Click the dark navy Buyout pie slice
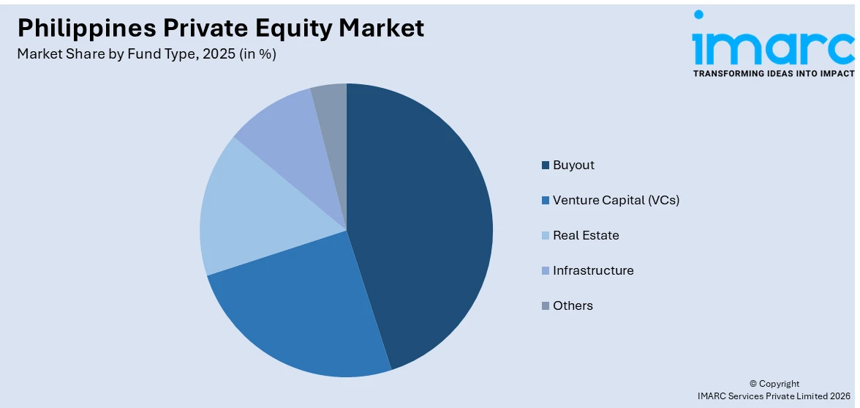coord(424,220)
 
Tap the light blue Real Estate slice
coord(249,212)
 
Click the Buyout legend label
coord(573,165)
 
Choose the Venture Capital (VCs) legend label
coord(616,200)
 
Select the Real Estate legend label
coord(586,235)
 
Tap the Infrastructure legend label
coord(593,270)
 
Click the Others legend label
coord(573,305)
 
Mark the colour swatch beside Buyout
coord(546,166)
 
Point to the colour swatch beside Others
coord(546,306)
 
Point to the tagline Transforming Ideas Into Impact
coord(774,74)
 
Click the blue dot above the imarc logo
coord(698,14)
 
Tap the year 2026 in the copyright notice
coord(838,396)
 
